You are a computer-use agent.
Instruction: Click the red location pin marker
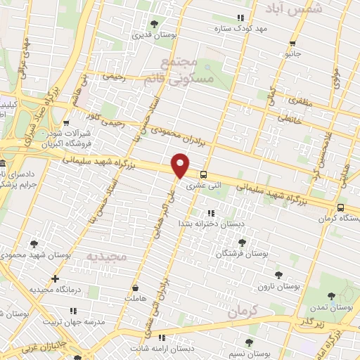pos(180,165)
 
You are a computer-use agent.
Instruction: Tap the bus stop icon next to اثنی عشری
pos(203,175)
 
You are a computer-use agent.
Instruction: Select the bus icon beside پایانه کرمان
pos(340,208)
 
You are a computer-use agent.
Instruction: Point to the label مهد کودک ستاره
pos(243,28)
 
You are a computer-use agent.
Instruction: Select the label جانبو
pos(290,53)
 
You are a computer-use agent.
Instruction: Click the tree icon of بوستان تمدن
pos(331,296)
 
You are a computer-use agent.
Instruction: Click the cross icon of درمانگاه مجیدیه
pos(56,279)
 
